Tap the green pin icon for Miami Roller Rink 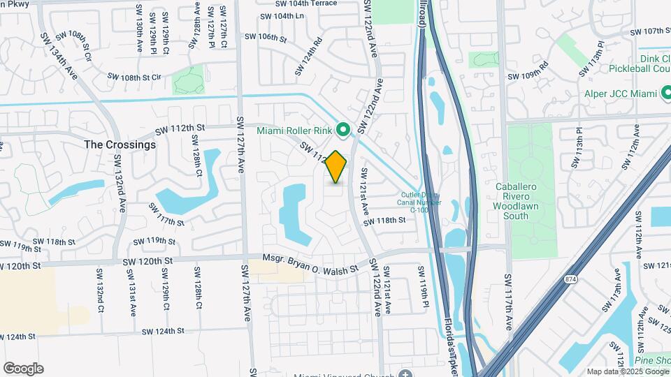coord(343,129)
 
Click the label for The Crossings coord(120,145)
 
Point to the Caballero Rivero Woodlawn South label coord(520,201)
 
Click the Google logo coord(23,368)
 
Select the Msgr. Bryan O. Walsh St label coord(310,263)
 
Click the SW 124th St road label coord(162,331)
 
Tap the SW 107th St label coord(650,31)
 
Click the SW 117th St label coord(166,214)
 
